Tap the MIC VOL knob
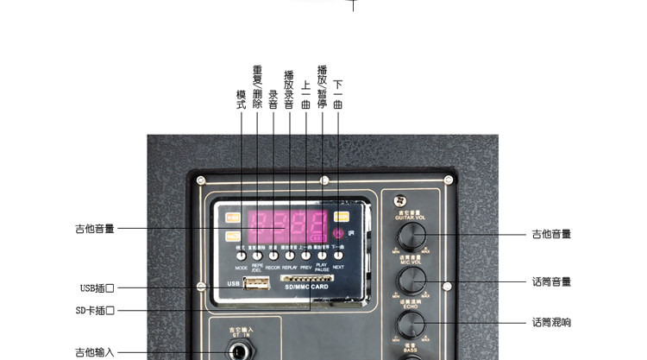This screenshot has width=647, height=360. tap(411, 279)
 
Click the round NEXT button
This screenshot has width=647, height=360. tap(338, 256)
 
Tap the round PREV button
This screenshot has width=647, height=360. tap(305, 256)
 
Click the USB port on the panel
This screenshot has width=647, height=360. tap(256, 282)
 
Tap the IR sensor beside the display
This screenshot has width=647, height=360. tap(340, 233)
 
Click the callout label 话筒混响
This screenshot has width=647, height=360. tap(551, 323)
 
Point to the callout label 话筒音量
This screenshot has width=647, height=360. tap(551, 281)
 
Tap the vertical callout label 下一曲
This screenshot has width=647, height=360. tap(337, 93)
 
